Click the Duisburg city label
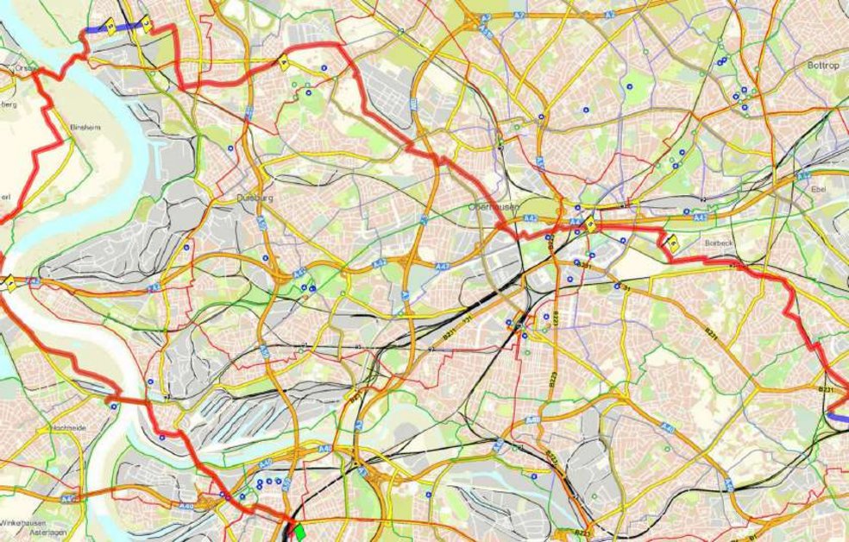(255, 198)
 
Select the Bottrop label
(823, 66)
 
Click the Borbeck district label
(718, 243)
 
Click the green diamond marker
(299, 533)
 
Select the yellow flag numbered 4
(282, 60)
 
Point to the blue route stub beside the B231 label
(837, 415)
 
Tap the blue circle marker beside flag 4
(324, 67)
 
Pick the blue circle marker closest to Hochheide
(114, 406)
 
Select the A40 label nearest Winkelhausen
(69, 498)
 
